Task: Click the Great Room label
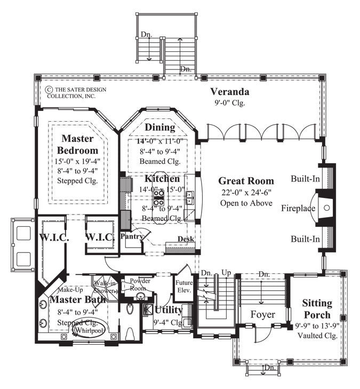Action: point(246,181)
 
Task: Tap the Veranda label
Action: point(229,92)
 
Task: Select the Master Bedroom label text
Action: point(78,144)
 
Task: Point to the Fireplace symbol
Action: point(326,209)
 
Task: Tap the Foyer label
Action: point(263,314)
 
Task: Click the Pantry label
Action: point(130,235)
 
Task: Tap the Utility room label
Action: point(169,310)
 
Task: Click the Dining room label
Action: point(159,127)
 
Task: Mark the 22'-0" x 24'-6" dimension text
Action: point(246,193)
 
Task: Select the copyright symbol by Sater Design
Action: point(49,90)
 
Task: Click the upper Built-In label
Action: point(305,178)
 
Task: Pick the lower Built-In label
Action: point(305,239)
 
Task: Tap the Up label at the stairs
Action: point(226,273)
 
